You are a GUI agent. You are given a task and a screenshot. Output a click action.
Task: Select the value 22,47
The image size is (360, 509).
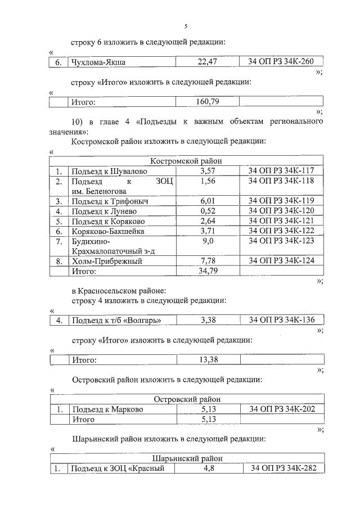207,62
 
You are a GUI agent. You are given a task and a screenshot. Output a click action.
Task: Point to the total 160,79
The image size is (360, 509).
207,102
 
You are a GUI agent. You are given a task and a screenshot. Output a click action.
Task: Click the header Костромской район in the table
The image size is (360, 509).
186,161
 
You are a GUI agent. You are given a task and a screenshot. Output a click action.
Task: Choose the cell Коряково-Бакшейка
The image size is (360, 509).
107,231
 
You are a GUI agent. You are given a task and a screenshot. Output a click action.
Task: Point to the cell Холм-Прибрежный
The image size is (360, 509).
106,261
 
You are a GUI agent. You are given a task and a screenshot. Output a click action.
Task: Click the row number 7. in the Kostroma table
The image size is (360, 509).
58,241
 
